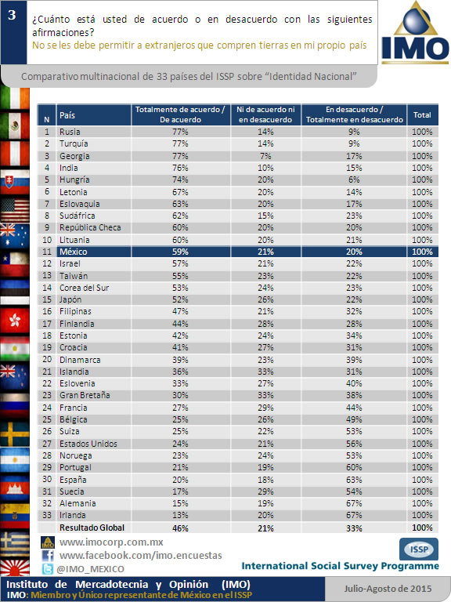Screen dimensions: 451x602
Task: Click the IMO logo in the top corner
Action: [x=415, y=32]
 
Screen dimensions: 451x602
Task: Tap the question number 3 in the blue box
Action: [x=12, y=15]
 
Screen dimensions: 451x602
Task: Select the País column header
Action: [x=67, y=115]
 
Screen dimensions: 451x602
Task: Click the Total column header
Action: [x=422, y=114]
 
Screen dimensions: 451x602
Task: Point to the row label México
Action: [x=74, y=252]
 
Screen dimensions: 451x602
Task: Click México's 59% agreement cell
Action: [x=180, y=252]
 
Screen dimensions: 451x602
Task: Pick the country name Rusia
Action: [x=70, y=132]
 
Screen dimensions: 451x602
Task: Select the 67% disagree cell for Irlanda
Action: [x=354, y=515]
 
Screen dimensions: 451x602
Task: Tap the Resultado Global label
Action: [x=92, y=528]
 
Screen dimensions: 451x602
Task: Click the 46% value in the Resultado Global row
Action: [x=180, y=528]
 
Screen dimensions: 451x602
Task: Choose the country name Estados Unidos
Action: [x=88, y=444]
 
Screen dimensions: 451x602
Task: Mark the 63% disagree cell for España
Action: [x=354, y=480]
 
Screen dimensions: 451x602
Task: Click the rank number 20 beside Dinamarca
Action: [x=47, y=359]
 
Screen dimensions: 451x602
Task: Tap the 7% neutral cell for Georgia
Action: [x=265, y=156]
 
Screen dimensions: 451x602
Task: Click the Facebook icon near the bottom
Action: [x=48, y=556]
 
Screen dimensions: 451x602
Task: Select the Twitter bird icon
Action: [x=48, y=568]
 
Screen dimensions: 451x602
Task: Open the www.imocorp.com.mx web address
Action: [x=111, y=542]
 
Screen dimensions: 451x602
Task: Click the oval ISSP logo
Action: [x=419, y=549]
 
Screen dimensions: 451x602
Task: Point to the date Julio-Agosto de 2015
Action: [x=388, y=589]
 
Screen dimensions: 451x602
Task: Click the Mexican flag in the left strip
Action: [x=15, y=126]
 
